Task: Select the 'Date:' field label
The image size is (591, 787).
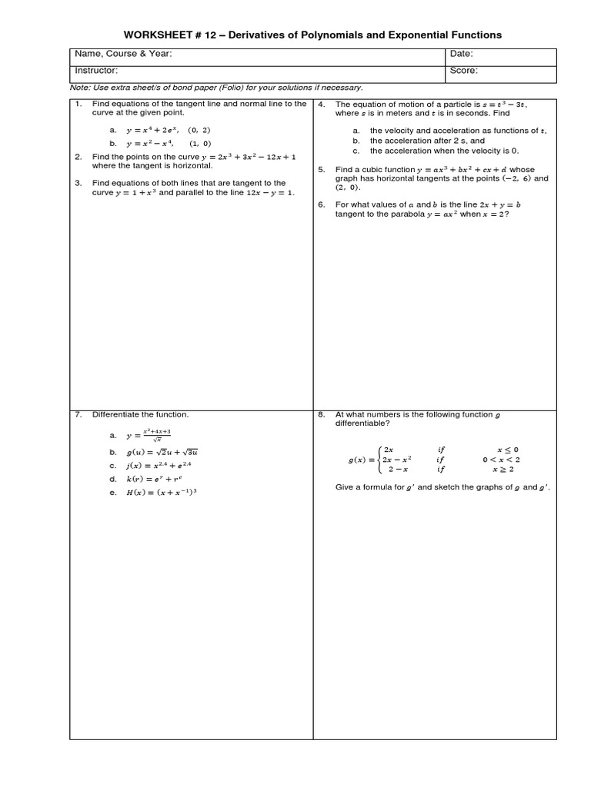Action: [x=460, y=54]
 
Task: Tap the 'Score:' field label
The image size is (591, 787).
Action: [x=463, y=71]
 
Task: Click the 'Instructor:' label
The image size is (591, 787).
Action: [x=95, y=71]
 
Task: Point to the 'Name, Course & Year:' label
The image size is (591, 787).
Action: [x=122, y=54]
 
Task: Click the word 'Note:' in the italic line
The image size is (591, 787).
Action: [x=80, y=88]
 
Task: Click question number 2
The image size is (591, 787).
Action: [x=78, y=156]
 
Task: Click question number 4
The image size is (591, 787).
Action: [x=321, y=104]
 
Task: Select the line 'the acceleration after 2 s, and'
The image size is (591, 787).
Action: [x=427, y=141]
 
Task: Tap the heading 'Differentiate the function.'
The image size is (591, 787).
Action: [x=140, y=414]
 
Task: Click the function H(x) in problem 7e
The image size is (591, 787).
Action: [x=162, y=493]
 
